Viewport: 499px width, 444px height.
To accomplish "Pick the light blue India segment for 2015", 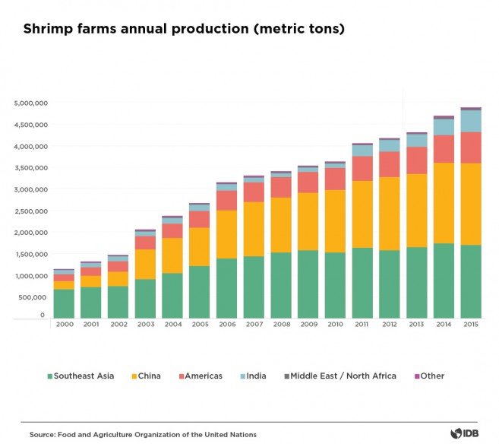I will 471,121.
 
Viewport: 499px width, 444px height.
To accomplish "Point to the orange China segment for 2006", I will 226,234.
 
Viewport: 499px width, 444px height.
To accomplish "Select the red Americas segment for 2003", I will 145,243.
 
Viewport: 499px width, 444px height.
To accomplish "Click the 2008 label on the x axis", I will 281,325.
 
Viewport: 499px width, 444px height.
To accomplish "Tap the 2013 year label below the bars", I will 416,325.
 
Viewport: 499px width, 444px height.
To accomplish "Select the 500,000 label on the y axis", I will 34,297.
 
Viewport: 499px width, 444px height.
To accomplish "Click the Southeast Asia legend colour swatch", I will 50,376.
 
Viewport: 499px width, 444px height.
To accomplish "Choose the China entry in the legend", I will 149,376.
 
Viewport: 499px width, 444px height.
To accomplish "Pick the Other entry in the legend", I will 431,376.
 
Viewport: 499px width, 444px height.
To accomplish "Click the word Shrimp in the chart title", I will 48,30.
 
